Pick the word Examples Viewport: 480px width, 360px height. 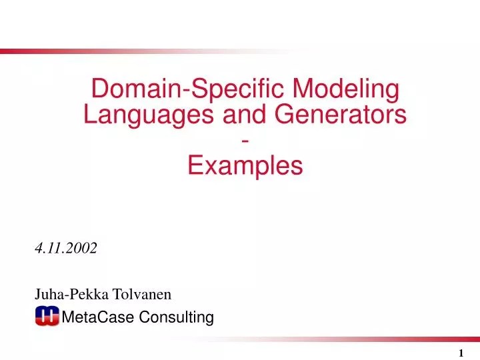[245, 166]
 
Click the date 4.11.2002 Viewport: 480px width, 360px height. [65, 248]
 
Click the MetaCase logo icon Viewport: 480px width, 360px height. [47, 317]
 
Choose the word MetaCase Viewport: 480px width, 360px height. [97, 317]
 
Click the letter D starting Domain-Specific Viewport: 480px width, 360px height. [97, 89]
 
